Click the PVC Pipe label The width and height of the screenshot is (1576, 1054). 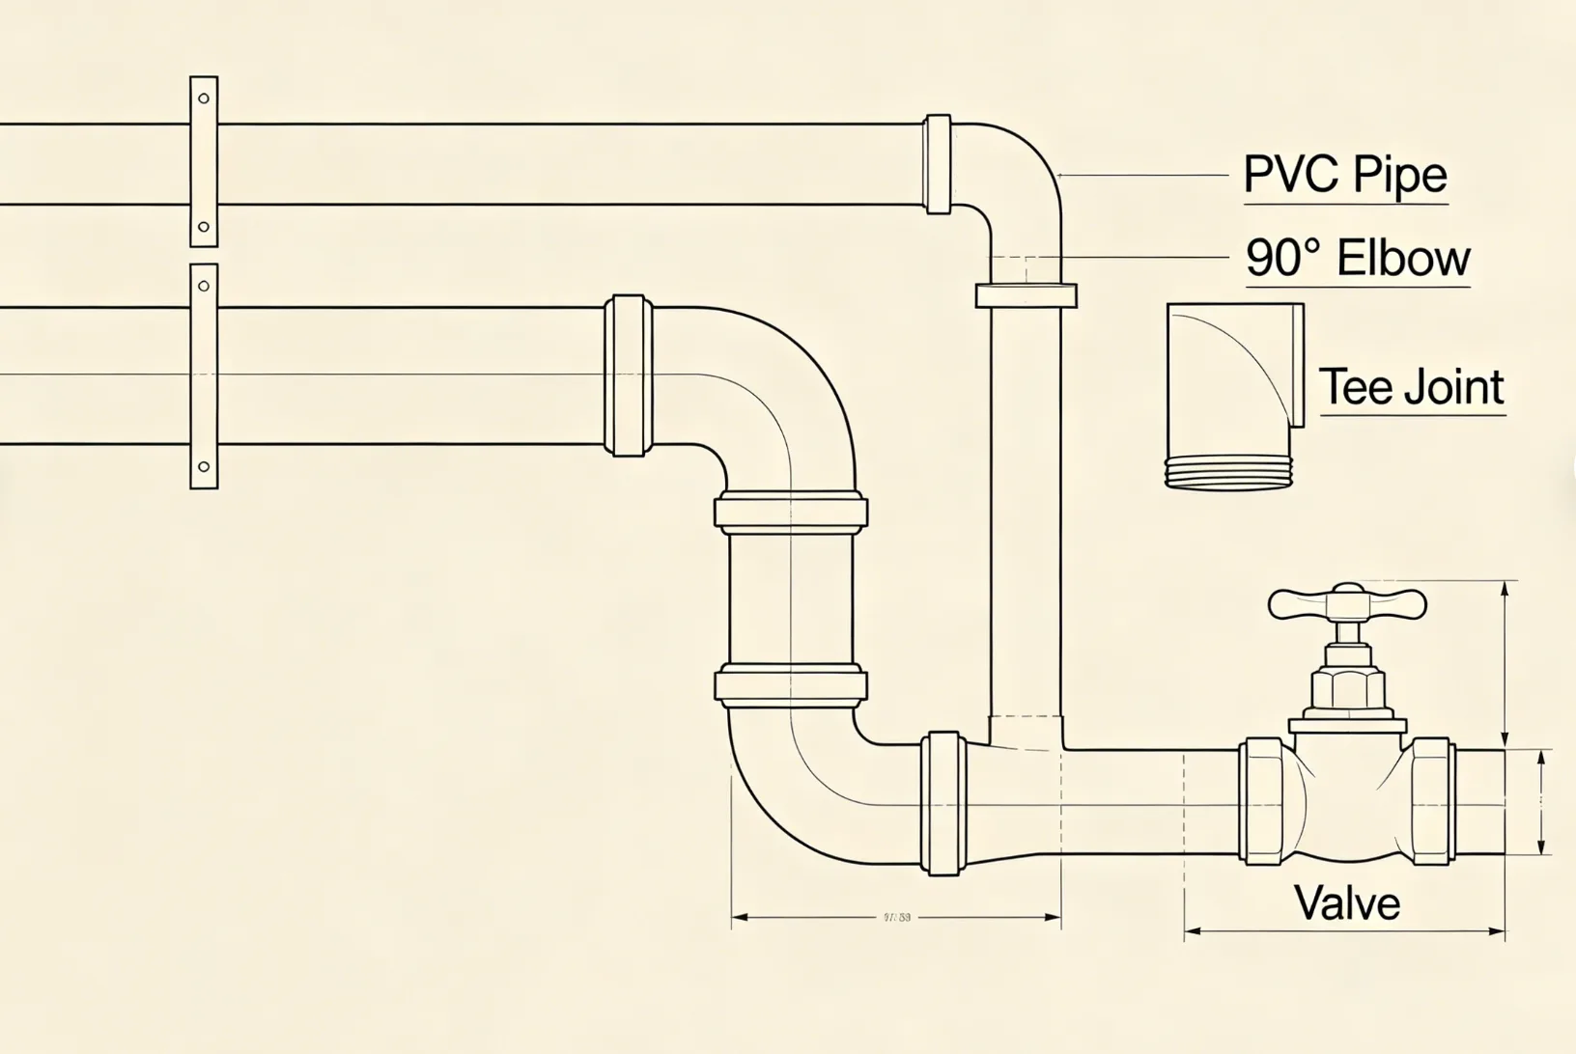click(1345, 176)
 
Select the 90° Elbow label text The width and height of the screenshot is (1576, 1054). click(1357, 259)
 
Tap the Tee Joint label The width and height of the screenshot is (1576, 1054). click(1411, 387)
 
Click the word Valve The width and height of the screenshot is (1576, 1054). click(1346, 903)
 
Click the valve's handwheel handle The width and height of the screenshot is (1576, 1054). click(1346, 603)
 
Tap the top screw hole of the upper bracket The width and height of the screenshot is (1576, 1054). click(204, 98)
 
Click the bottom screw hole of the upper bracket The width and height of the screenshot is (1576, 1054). click(204, 228)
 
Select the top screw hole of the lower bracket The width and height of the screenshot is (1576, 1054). click(204, 286)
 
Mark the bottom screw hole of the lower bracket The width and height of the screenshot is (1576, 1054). click(204, 467)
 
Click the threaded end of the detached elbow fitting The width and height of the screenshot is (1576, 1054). click(1226, 473)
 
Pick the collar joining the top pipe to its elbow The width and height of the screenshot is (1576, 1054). click(938, 164)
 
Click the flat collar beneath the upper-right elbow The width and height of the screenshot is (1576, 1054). click(1026, 295)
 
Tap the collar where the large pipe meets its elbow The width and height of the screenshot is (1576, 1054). click(629, 375)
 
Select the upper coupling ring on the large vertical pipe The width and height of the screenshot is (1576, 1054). click(791, 512)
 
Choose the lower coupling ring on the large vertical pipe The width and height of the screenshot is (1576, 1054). click(791, 684)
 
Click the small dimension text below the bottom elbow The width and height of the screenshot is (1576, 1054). click(897, 918)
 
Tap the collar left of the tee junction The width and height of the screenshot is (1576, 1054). click(943, 803)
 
